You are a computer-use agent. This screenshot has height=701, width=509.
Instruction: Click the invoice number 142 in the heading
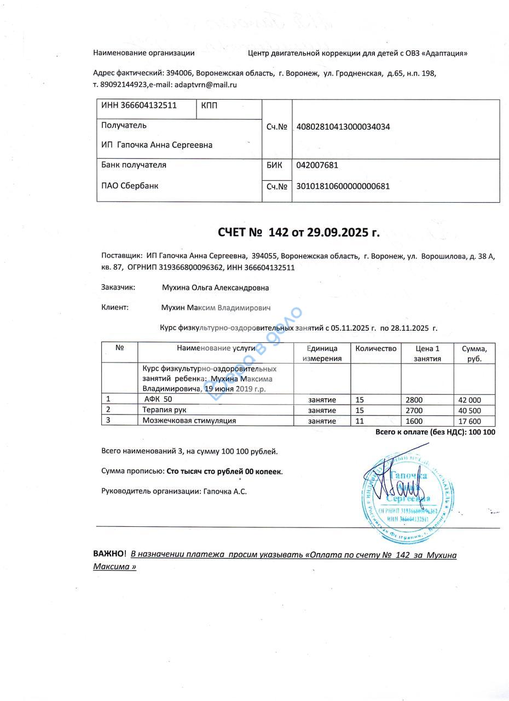pyautogui.click(x=278, y=232)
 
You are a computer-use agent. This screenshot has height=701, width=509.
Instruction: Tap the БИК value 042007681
pyautogui.click(x=317, y=165)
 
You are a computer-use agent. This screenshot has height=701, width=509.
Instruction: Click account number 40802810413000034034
pyautogui.click(x=343, y=127)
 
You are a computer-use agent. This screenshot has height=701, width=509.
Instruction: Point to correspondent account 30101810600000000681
pyautogui.click(x=343, y=186)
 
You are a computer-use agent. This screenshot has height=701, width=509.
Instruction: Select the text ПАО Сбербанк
pyautogui.click(x=130, y=186)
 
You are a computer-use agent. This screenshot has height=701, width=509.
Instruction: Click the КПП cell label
pyautogui.click(x=209, y=105)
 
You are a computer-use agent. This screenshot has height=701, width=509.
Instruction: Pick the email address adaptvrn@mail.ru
pyautogui.click(x=205, y=85)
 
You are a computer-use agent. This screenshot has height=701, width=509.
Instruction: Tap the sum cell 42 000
pyautogui.click(x=470, y=400)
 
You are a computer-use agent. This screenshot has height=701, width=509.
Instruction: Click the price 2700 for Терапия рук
pyautogui.click(x=414, y=411)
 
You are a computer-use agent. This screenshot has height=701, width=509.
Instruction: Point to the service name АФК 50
pyautogui.click(x=158, y=399)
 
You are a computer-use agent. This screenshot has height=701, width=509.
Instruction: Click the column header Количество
pyautogui.click(x=375, y=348)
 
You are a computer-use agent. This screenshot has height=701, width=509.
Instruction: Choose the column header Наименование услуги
pyautogui.click(x=216, y=348)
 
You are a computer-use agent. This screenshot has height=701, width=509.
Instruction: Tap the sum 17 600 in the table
pyautogui.click(x=470, y=421)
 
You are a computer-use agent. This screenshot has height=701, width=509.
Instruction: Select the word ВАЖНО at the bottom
pyautogui.click(x=109, y=554)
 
